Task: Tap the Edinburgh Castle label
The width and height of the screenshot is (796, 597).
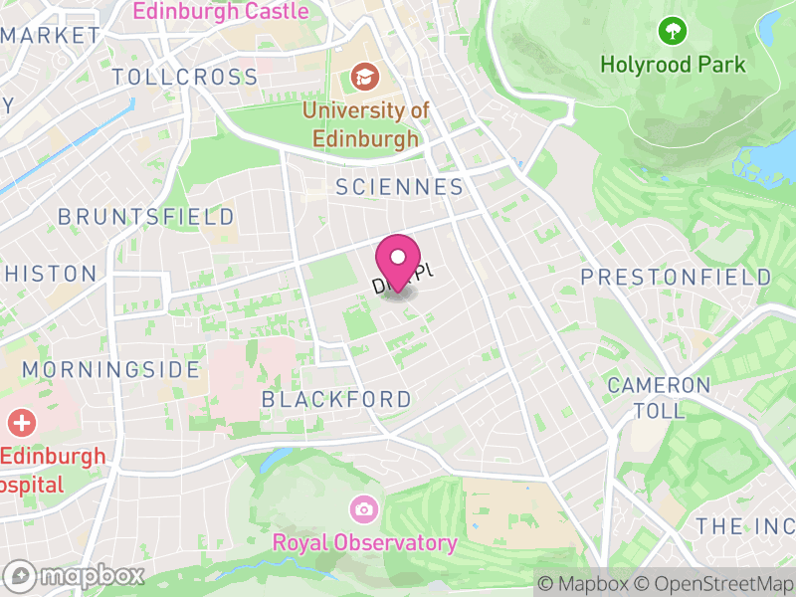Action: tap(220, 12)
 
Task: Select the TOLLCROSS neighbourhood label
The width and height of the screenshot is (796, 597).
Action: tap(185, 77)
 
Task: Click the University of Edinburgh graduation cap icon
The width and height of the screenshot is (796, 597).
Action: tap(365, 76)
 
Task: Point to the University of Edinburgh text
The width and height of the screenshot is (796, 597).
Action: tap(365, 123)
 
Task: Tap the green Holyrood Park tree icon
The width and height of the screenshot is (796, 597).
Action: tap(673, 31)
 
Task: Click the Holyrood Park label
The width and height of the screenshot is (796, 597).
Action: tap(673, 65)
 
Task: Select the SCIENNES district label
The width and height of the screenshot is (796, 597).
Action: tap(400, 187)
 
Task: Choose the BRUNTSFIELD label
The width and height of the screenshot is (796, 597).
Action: tap(146, 217)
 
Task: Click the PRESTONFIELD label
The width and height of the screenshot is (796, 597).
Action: tap(676, 276)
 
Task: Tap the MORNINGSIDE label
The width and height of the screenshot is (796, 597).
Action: tap(110, 369)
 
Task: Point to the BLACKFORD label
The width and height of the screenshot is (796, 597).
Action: tap(336, 399)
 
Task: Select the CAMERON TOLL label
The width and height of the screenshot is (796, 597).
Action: tap(659, 397)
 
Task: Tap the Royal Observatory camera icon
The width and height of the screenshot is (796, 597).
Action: tap(363, 509)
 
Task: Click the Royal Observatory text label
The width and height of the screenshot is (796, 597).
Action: tap(364, 543)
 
